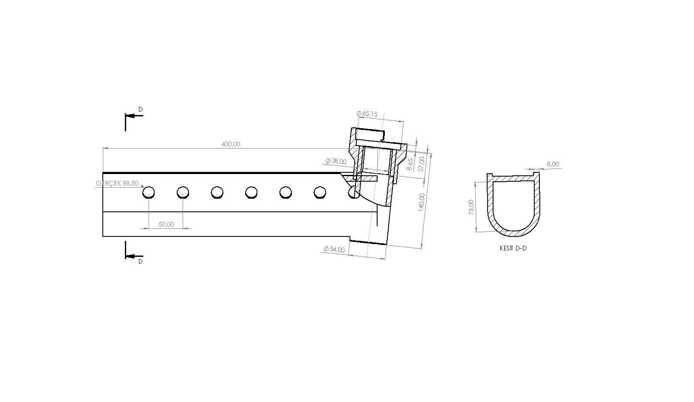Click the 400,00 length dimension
point(231,144)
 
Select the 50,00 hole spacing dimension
point(166,225)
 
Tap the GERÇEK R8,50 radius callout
point(117,183)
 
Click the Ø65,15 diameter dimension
point(367,114)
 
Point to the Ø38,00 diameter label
point(336,161)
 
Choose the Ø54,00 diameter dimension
point(334,250)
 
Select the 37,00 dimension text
point(421,163)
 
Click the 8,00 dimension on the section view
point(553,164)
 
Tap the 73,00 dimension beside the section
point(471,207)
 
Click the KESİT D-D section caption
point(513,248)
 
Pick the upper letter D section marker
point(141,110)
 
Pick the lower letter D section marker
point(141,261)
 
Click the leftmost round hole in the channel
point(149,193)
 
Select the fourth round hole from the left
point(251,193)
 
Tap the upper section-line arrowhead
point(131,115)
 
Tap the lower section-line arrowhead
point(131,256)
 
